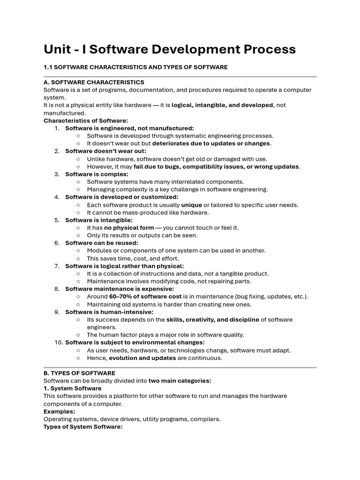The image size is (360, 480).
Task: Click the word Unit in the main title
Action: [x=57, y=49]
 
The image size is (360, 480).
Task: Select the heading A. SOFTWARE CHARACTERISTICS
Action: [x=94, y=82]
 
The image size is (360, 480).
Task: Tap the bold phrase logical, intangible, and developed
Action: [x=222, y=105]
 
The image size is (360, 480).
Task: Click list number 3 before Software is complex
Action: [x=57, y=174]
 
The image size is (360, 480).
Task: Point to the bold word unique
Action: [x=192, y=205]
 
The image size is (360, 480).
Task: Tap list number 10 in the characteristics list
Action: [x=58, y=343]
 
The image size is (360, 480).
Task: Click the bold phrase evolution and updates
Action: [x=142, y=358]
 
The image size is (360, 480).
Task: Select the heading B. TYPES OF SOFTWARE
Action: [x=79, y=373]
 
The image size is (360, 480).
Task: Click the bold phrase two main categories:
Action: [x=180, y=381]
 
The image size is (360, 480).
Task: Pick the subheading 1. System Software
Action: [x=72, y=389]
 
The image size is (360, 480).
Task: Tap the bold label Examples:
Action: [x=59, y=412]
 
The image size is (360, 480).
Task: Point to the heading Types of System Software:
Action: [x=83, y=427]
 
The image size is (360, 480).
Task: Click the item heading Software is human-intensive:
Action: [x=109, y=312]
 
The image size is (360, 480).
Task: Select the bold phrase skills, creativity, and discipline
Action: [x=213, y=320]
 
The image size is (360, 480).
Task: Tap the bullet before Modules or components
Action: [x=78, y=251]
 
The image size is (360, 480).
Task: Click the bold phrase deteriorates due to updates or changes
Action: [x=211, y=143]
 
